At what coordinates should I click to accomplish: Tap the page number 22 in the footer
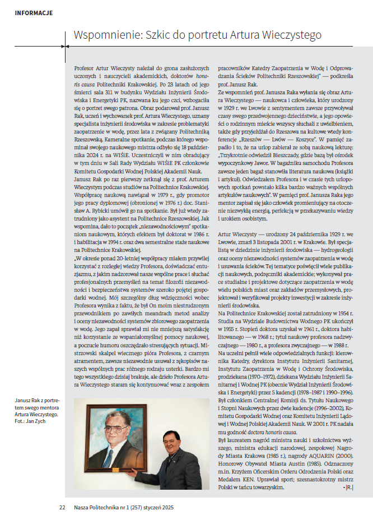coord(62,507)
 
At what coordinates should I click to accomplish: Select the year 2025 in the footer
coord(166,507)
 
